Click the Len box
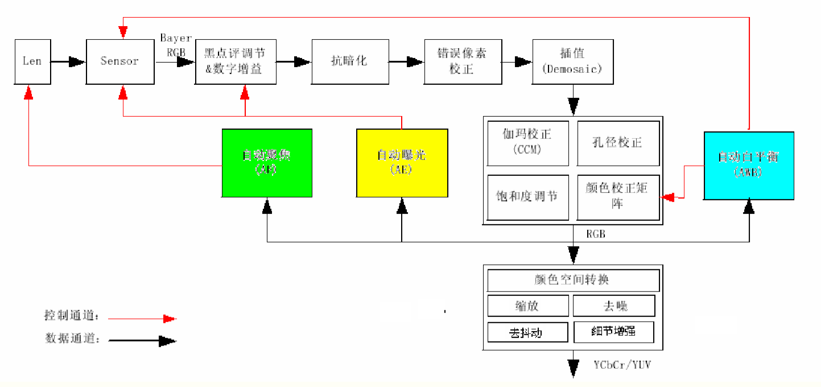click(x=32, y=61)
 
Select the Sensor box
click(x=119, y=61)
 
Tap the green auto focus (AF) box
click(x=267, y=163)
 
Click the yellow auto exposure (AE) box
click(x=402, y=163)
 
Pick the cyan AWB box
click(x=749, y=166)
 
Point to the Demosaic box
click(x=573, y=61)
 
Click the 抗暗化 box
click(x=350, y=61)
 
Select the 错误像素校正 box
click(x=463, y=61)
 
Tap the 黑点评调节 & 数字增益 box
click(x=236, y=61)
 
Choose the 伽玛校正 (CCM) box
click(x=528, y=142)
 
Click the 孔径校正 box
click(x=618, y=142)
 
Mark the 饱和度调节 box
click(x=528, y=197)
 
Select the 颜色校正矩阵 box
click(x=618, y=197)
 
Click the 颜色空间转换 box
click(x=573, y=281)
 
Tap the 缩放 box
click(x=527, y=306)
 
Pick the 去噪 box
click(x=614, y=306)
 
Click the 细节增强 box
click(x=614, y=332)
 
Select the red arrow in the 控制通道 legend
click(x=142, y=319)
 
